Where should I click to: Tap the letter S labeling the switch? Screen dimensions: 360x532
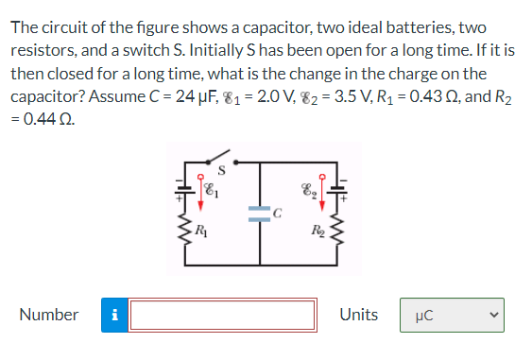220,171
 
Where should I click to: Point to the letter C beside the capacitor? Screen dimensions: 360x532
276,213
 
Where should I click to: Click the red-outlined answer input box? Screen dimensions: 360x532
223,315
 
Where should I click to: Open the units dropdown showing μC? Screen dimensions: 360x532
453,315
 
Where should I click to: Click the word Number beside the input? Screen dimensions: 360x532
48,315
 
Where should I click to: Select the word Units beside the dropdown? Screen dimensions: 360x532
358,315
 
